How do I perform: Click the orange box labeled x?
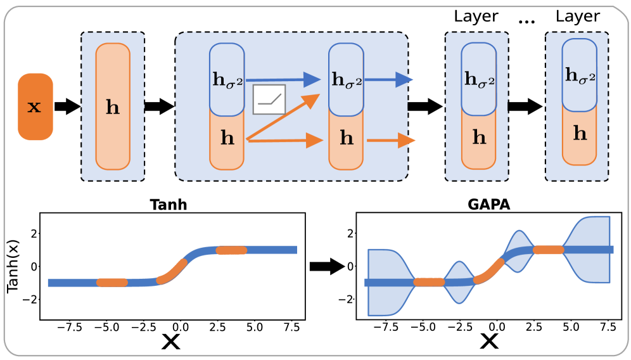click(x=35, y=106)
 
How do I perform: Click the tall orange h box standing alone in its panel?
click(x=113, y=106)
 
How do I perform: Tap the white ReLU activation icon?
click(x=269, y=100)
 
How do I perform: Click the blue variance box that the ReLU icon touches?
click(x=227, y=79)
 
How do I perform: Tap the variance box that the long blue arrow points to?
click(x=346, y=80)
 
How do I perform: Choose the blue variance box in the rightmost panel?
click(x=579, y=75)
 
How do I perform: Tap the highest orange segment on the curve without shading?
click(x=231, y=250)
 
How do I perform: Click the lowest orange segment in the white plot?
click(x=429, y=283)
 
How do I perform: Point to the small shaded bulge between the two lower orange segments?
click(x=459, y=282)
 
